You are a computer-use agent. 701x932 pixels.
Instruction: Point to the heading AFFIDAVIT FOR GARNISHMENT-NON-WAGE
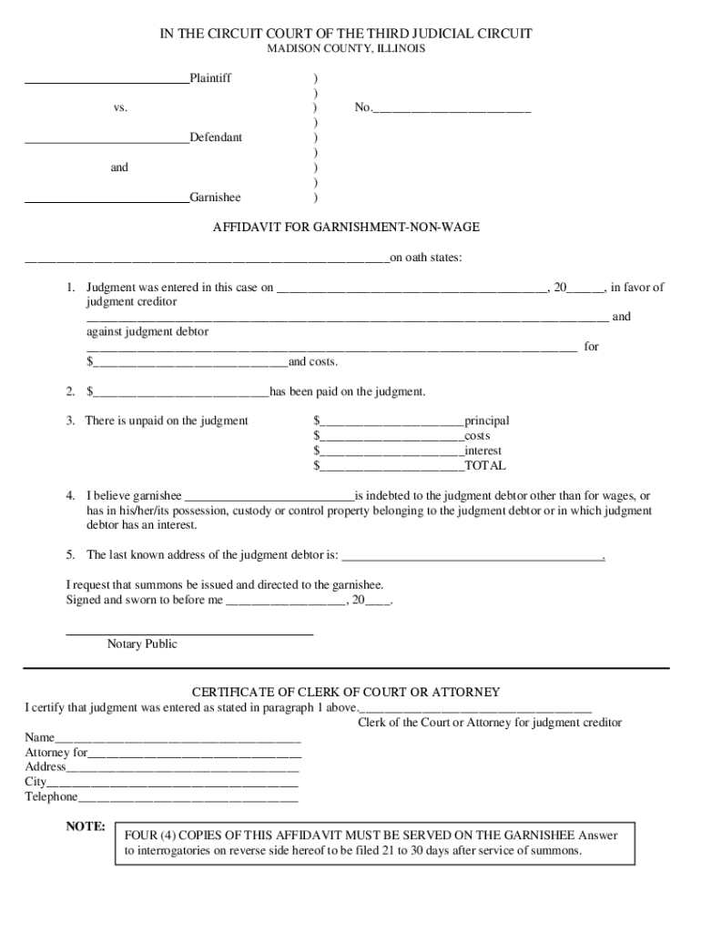pos(346,227)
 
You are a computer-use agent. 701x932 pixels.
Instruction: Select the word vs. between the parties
pos(120,108)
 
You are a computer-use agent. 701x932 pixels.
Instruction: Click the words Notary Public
pos(142,644)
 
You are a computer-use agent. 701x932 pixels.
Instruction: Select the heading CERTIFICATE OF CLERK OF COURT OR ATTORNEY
pos(346,693)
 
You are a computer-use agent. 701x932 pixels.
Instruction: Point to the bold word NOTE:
pos(86,827)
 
